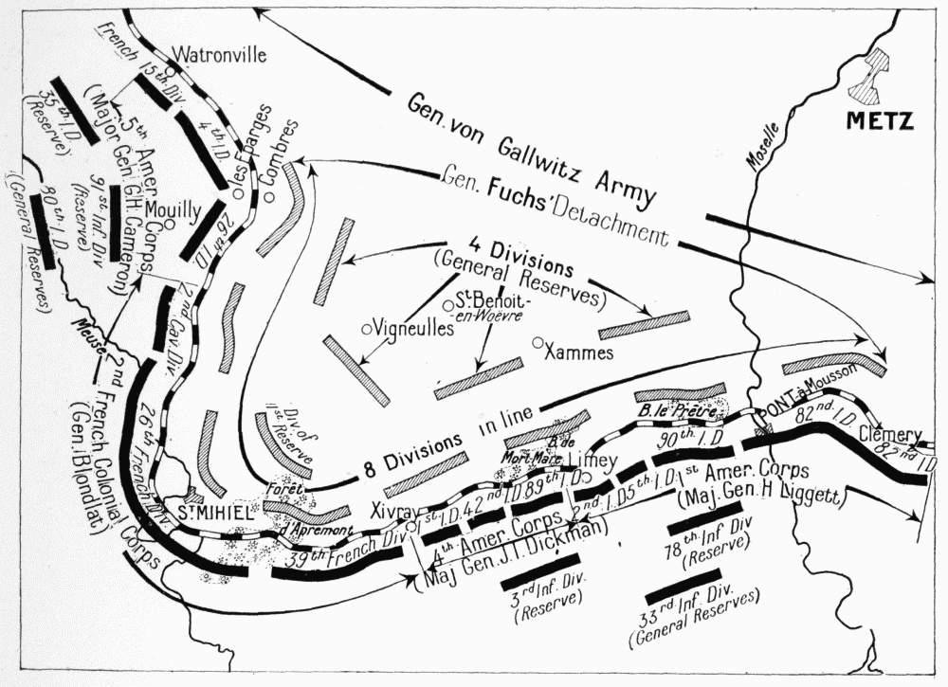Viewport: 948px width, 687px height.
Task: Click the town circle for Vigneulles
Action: pos(366,329)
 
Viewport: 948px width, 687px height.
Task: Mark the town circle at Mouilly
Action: pos(168,225)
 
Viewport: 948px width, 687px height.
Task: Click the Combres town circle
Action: pos(270,196)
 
